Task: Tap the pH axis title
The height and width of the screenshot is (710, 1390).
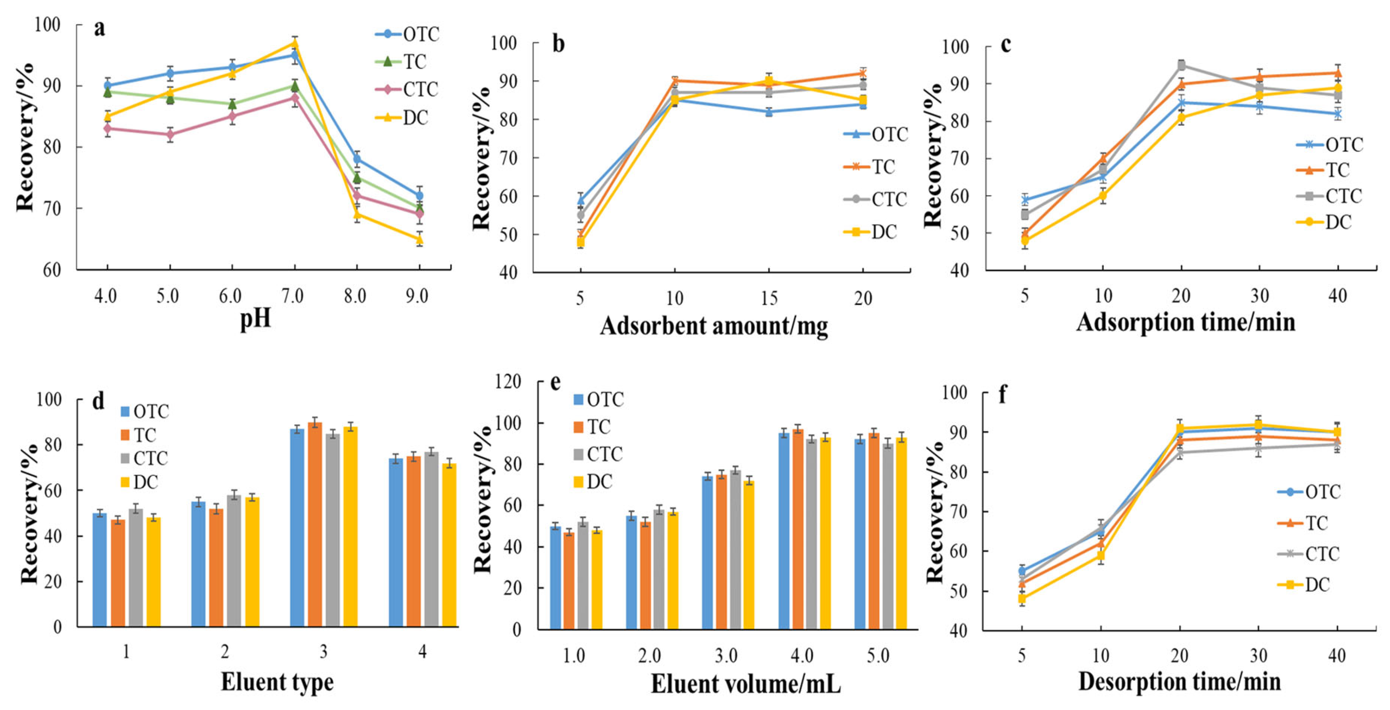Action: (x=255, y=318)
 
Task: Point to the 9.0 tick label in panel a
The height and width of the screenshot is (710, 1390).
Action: (x=417, y=296)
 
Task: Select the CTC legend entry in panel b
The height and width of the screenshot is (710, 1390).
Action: (x=876, y=200)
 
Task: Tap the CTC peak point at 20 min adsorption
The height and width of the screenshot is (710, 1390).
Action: (x=1181, y=65)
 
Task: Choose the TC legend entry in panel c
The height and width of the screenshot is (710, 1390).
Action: (x=1330, y=170)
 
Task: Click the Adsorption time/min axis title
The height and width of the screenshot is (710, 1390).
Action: (x=1186, y=322)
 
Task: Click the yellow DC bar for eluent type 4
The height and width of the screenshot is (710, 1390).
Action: (x=449, y=545)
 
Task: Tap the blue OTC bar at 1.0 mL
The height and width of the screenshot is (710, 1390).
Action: (x=556, y=578)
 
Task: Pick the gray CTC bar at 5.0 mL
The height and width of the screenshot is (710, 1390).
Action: (x=888, y=536)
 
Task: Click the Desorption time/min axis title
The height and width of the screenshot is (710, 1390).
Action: (x=1180, y=682)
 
